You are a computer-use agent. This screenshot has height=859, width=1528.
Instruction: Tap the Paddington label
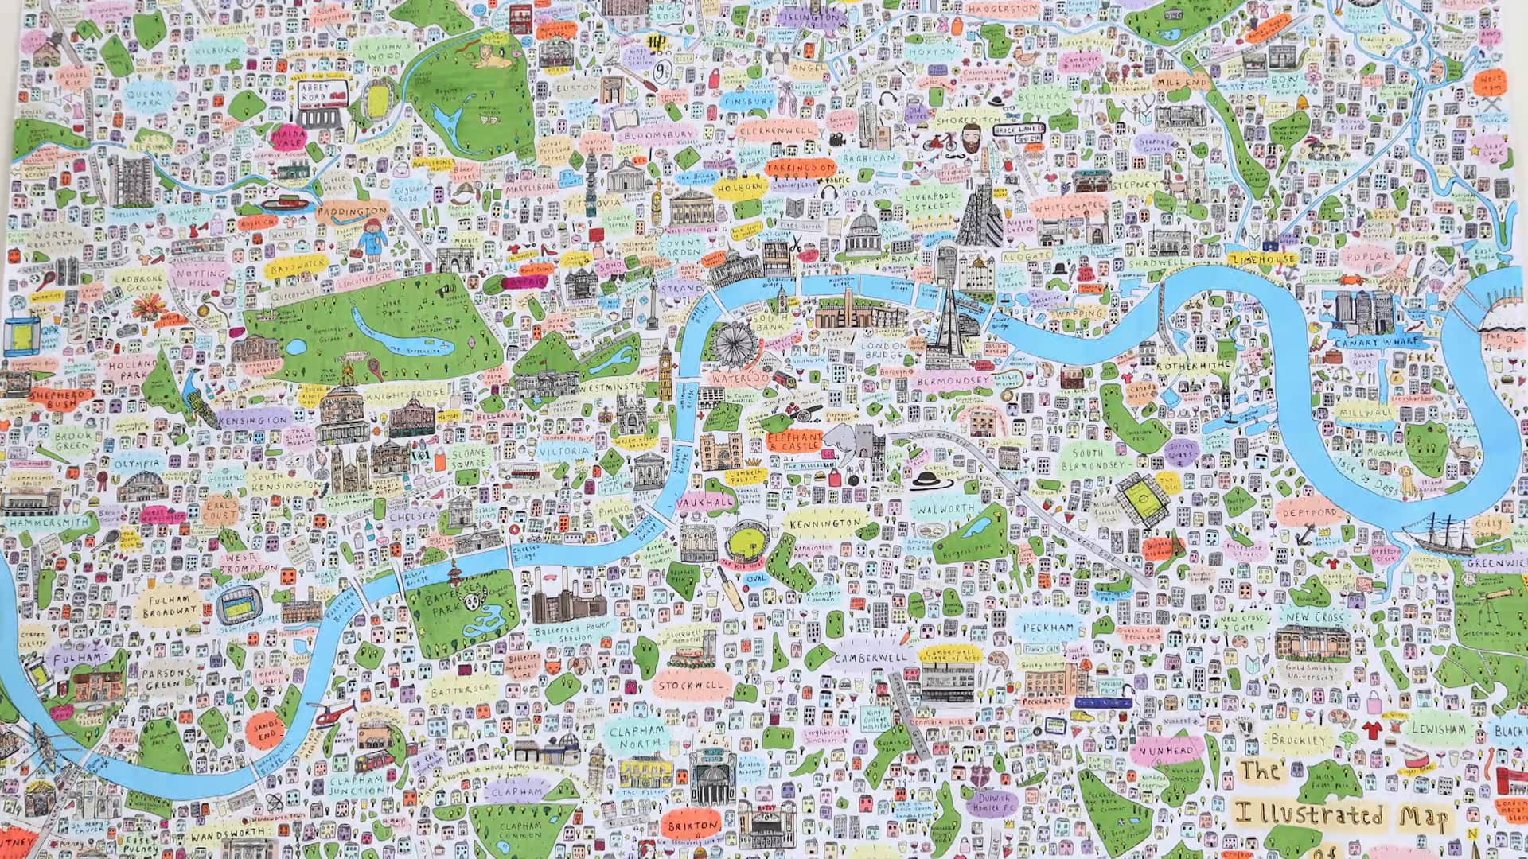(351, 212)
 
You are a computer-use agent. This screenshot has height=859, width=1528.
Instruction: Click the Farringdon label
(801, 169)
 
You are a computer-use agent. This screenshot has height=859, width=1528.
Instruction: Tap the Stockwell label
(691, 685)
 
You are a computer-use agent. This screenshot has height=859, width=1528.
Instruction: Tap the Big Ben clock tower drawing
(666, 367)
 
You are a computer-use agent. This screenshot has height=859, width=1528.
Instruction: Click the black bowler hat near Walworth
(927, 479)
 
